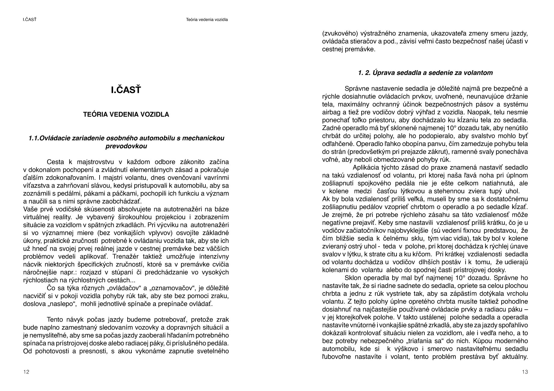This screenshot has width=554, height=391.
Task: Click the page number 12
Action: tap(26, 372)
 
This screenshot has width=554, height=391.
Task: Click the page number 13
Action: tap(525, 372)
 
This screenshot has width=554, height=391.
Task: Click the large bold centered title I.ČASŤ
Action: tap(126, 90)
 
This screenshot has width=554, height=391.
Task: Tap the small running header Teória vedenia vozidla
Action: tap(207, 20)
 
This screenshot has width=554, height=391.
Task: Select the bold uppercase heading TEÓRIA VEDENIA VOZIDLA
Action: tap(126, 114)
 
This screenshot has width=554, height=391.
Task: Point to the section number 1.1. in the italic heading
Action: tap(34, 138)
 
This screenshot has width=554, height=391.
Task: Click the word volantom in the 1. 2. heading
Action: tap(480, 73)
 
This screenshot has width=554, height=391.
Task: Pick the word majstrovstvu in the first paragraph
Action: tap(94, 162)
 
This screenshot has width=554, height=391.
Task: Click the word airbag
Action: tap(331, 113)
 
